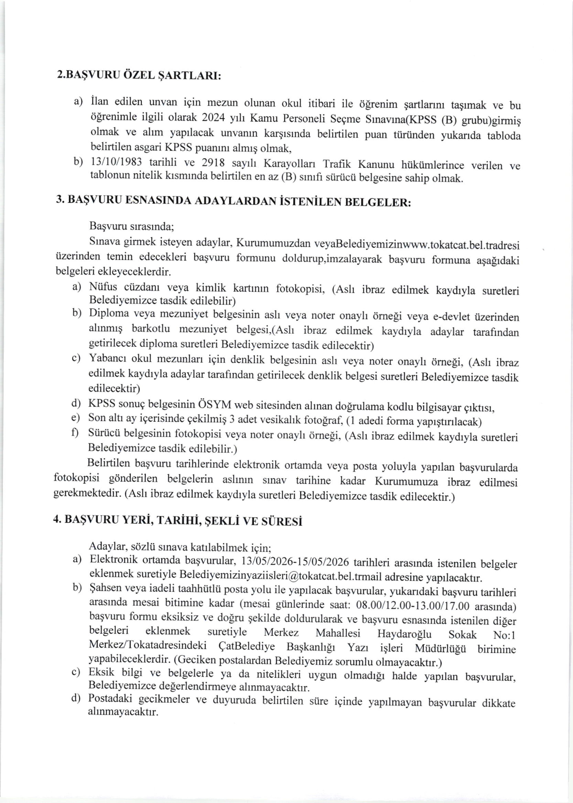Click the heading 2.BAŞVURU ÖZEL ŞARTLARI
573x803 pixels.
pos(139,76)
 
